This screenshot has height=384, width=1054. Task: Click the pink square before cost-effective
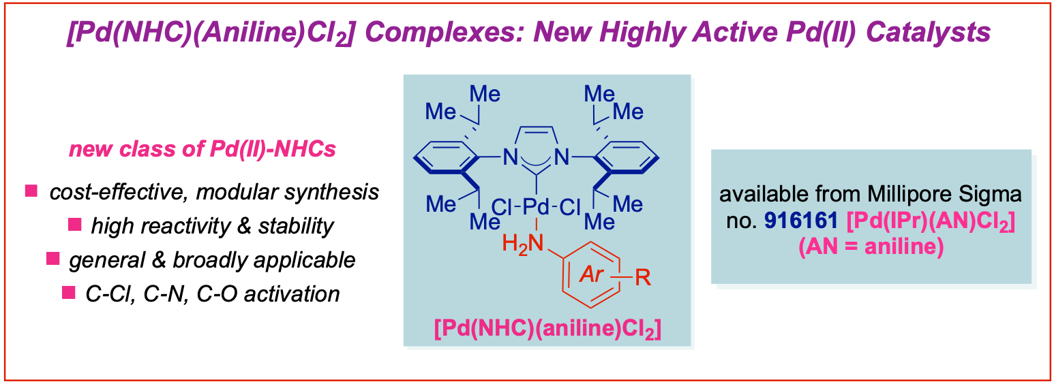point(31,192)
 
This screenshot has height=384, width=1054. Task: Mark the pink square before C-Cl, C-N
point(67,293)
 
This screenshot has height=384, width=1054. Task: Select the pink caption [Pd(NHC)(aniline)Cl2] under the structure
point(546,330)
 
